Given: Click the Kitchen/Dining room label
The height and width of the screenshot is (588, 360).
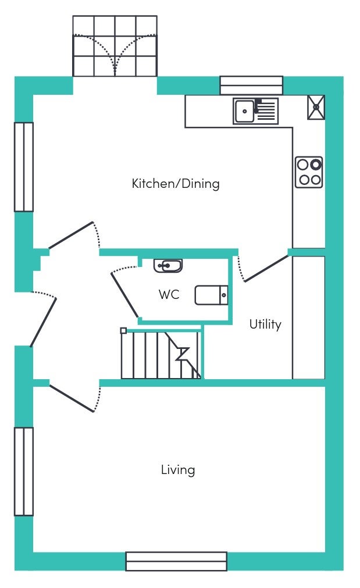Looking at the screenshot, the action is tap(176, 184).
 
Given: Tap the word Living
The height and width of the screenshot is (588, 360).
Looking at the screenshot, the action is tap(178, 470).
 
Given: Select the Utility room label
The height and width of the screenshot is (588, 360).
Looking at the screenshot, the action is tap(265, 324).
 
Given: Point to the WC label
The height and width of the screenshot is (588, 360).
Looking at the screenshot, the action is tap(169, 294).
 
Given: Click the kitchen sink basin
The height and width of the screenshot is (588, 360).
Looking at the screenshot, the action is tap(244, 111).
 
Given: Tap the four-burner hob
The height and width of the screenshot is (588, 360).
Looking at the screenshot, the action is tap(309, 172).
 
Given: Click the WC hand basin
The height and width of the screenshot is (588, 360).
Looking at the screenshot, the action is tap(168, 265).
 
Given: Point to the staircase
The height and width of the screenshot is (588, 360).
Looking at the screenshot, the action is tap(161, 354).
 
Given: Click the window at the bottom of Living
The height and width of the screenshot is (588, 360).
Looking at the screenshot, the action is tap(176, 561).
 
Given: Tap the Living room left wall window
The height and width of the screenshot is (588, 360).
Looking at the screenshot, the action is tap(24, 471).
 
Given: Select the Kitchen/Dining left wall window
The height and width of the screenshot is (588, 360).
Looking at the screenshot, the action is tap(24, 167).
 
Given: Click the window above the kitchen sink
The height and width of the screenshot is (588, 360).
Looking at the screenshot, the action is tap(251, 85).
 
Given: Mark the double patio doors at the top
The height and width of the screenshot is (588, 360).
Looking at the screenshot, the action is tap(115, 46).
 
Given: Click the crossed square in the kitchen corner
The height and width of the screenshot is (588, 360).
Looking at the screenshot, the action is tap(316, 107).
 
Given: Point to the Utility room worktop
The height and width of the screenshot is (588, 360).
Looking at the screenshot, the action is tap(309, 318).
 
